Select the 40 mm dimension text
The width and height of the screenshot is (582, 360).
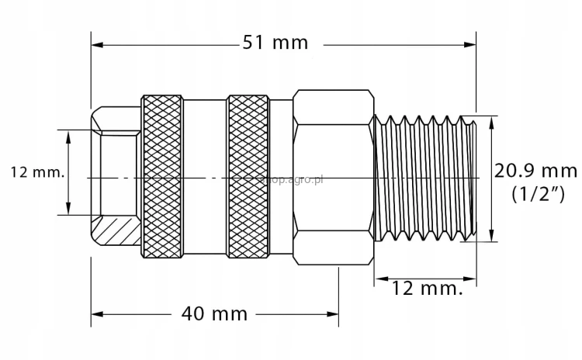click(214, 313)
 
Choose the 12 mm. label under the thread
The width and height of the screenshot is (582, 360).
click(425, 289)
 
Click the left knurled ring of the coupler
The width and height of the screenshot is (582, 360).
click(162, 176)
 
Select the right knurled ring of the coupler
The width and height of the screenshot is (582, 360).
click(248, 176)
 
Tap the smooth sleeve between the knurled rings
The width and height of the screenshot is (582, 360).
click(205, 176)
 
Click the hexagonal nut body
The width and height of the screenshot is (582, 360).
click(333, 176)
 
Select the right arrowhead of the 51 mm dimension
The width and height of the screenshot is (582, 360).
click(470, 44)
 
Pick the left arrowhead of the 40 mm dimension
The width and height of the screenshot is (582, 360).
click(97, 314)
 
